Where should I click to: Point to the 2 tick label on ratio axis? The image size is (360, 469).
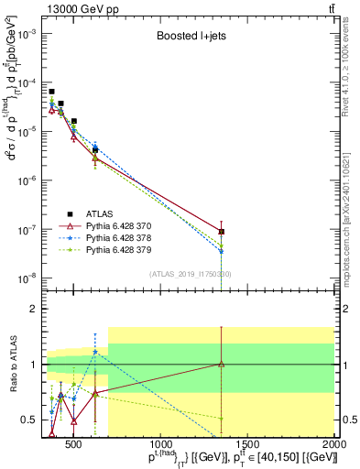(x=39, y=309)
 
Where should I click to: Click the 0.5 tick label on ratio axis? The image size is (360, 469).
(x=36, y=420)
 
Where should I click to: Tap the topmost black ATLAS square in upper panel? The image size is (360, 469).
(x=51, y=92)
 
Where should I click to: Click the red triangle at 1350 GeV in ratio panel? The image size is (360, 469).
(x=221, y=364)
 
